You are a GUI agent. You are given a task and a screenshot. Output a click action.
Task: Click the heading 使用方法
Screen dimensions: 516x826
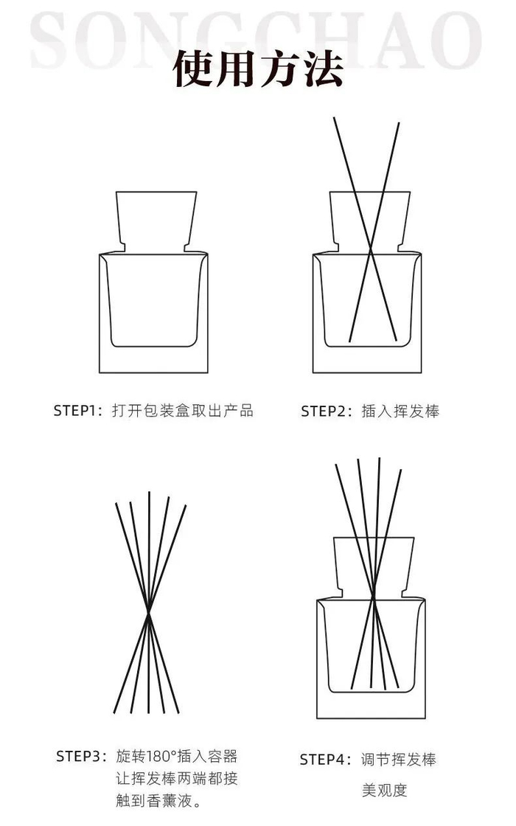coord(258,69)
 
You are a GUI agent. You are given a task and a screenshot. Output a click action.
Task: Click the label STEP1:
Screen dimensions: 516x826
coord(78,411)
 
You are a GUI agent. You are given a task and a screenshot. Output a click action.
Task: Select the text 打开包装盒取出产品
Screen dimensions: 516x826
coord(182,411)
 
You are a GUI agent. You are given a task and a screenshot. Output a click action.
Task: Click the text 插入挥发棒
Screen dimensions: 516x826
coord(400,412)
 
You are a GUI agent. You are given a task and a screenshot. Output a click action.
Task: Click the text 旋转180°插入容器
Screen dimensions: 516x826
coord(177,757)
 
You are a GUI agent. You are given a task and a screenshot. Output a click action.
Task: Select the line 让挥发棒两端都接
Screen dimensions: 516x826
coord(177,779)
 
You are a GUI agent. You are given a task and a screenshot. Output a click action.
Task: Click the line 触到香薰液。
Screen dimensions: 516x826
coord(159,801)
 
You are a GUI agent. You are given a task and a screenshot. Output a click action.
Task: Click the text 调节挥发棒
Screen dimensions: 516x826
coord(399,760)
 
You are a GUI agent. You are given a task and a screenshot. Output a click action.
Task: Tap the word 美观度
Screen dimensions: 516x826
coord(384,790)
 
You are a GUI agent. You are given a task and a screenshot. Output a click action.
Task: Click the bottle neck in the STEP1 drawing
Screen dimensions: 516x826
coord(156,221)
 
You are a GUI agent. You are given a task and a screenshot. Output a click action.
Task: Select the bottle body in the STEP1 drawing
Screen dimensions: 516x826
coord(154,313)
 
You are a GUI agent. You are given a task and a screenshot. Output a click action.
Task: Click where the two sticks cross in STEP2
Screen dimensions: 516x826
coord(371,250)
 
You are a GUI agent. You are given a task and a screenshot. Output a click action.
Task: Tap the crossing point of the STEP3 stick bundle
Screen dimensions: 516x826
coord(149,612)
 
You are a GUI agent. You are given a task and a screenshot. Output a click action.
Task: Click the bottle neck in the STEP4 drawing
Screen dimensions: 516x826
coord(374,567)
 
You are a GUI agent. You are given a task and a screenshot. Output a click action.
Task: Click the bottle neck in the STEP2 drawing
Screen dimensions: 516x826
coord(369,221)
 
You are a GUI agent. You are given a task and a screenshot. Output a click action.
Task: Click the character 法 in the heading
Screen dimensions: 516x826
coord(322,69)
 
